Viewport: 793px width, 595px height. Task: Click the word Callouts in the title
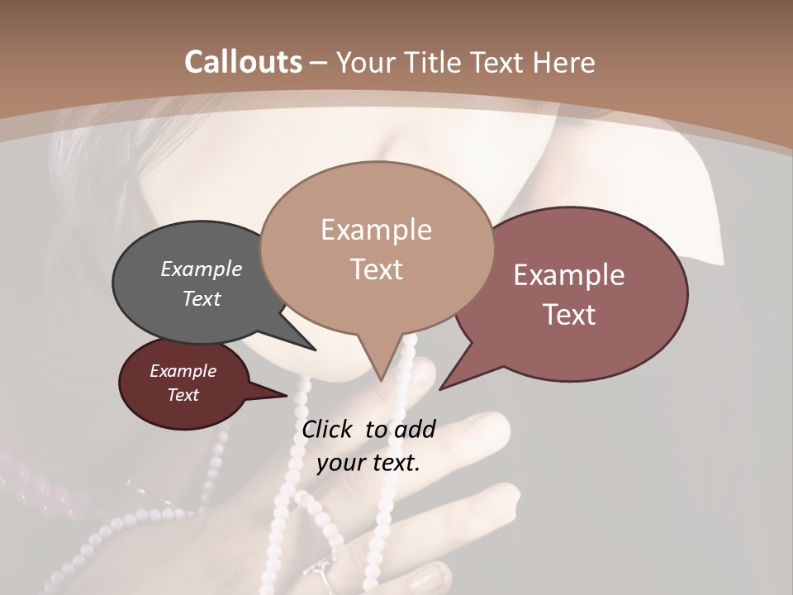pyautogui.click(x=243, y=62)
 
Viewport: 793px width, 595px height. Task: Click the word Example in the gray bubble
pyautogui.click(x=202, y=269)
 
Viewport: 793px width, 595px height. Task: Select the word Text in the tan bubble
pyautogui.click(x=377, y=269)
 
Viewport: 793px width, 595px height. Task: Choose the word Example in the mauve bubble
pyautogui.click(x=569, y=275)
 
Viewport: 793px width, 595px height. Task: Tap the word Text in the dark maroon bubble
pyautogui.click(x=183, y=395)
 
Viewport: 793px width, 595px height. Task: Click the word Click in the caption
pyautogui.click(x=328, y=429)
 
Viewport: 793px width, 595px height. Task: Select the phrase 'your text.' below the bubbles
pyautogui.click(x=368, y=463)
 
